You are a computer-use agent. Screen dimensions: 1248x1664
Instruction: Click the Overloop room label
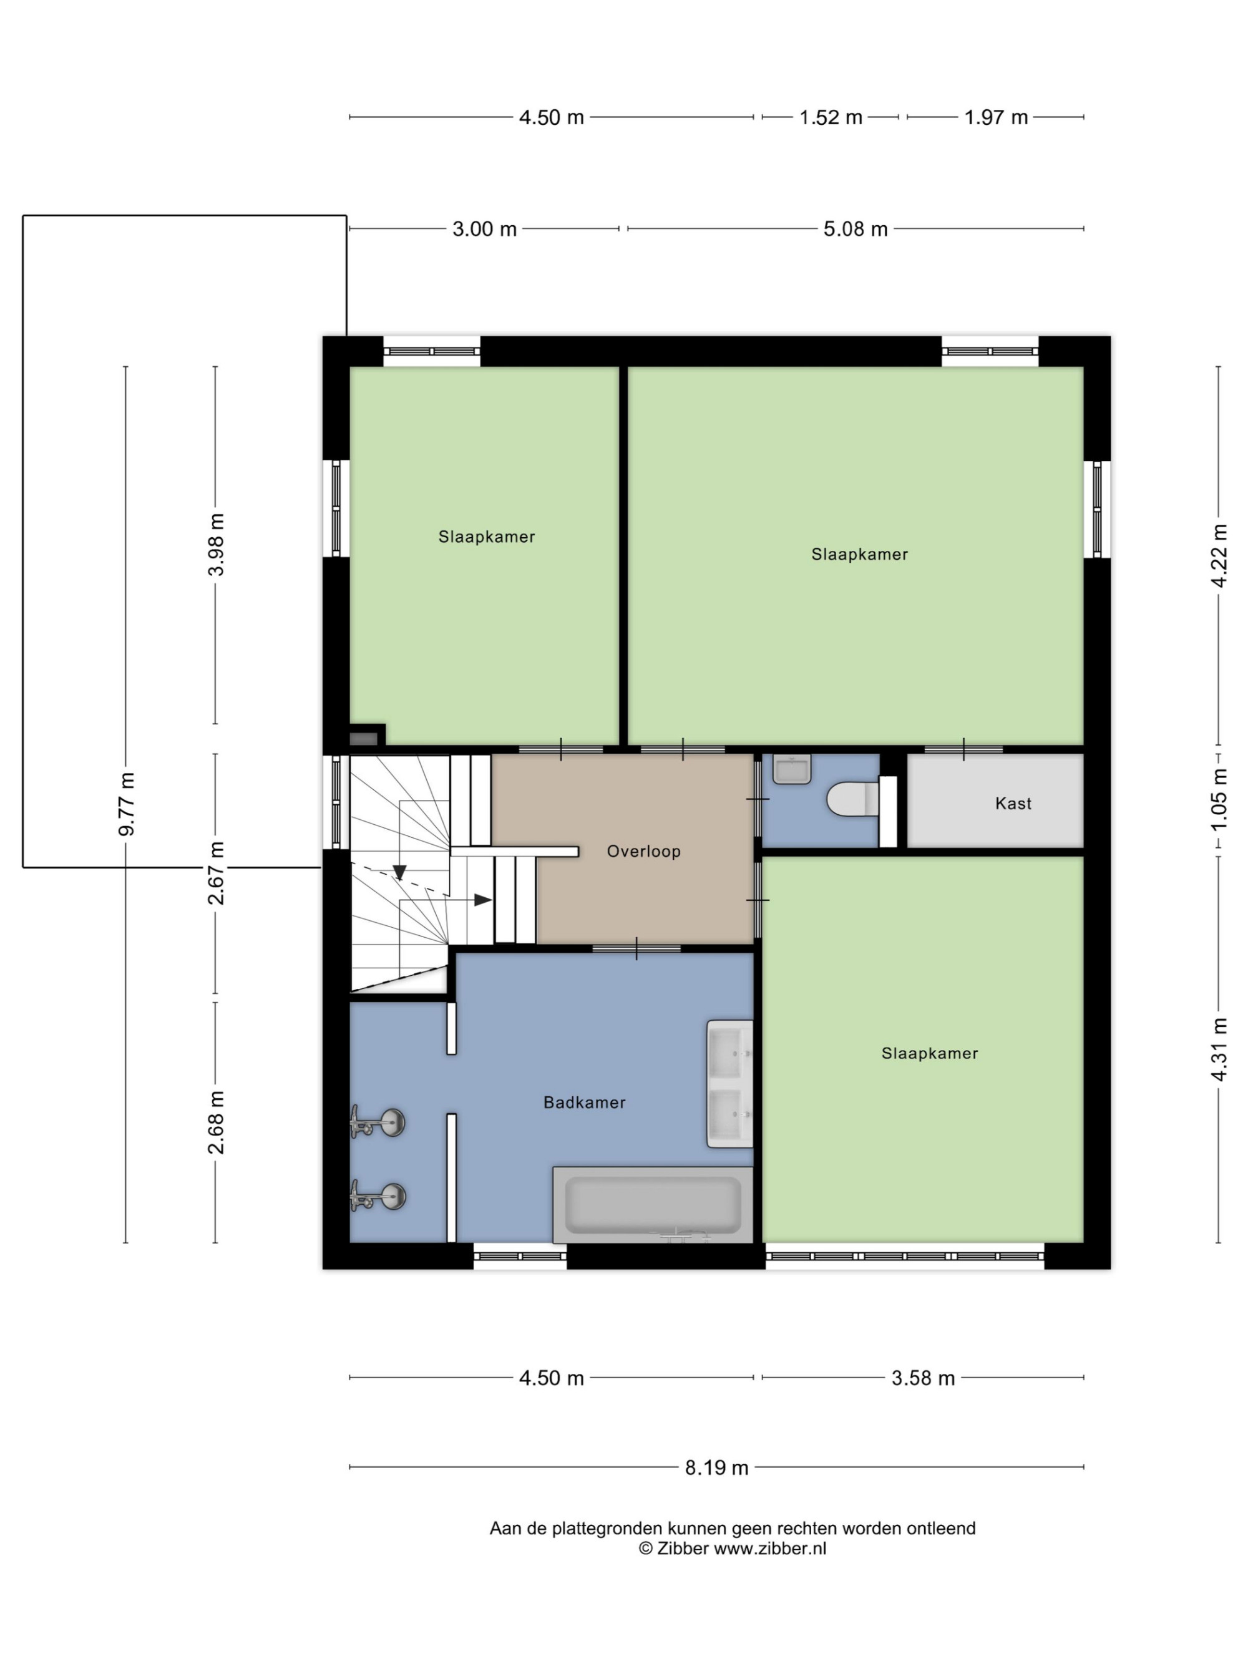pos(643,851)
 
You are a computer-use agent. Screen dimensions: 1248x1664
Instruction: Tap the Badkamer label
pos(585,1102)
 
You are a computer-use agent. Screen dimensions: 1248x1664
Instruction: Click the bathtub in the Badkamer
pos(652,1205)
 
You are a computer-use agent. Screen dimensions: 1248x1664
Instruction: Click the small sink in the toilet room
pos(792,769)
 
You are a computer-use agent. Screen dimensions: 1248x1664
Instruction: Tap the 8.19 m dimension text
pos(716,1467)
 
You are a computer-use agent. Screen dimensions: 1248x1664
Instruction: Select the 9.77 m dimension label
pos(127,804)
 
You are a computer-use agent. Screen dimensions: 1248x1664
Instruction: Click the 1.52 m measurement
pos(831,117)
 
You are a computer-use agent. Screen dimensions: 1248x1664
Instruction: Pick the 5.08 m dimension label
pos(856,229)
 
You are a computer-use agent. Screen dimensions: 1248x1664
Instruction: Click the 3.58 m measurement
pos(923,1378)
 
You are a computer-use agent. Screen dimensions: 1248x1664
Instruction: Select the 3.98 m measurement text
pos(217,545)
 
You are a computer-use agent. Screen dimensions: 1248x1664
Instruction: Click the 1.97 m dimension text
pos(996,117)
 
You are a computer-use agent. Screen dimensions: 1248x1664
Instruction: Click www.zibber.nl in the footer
pos(769,1548)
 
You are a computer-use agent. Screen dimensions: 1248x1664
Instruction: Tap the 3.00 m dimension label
pos(484,229)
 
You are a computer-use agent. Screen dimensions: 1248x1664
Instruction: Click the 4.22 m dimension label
pos(1219,556)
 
